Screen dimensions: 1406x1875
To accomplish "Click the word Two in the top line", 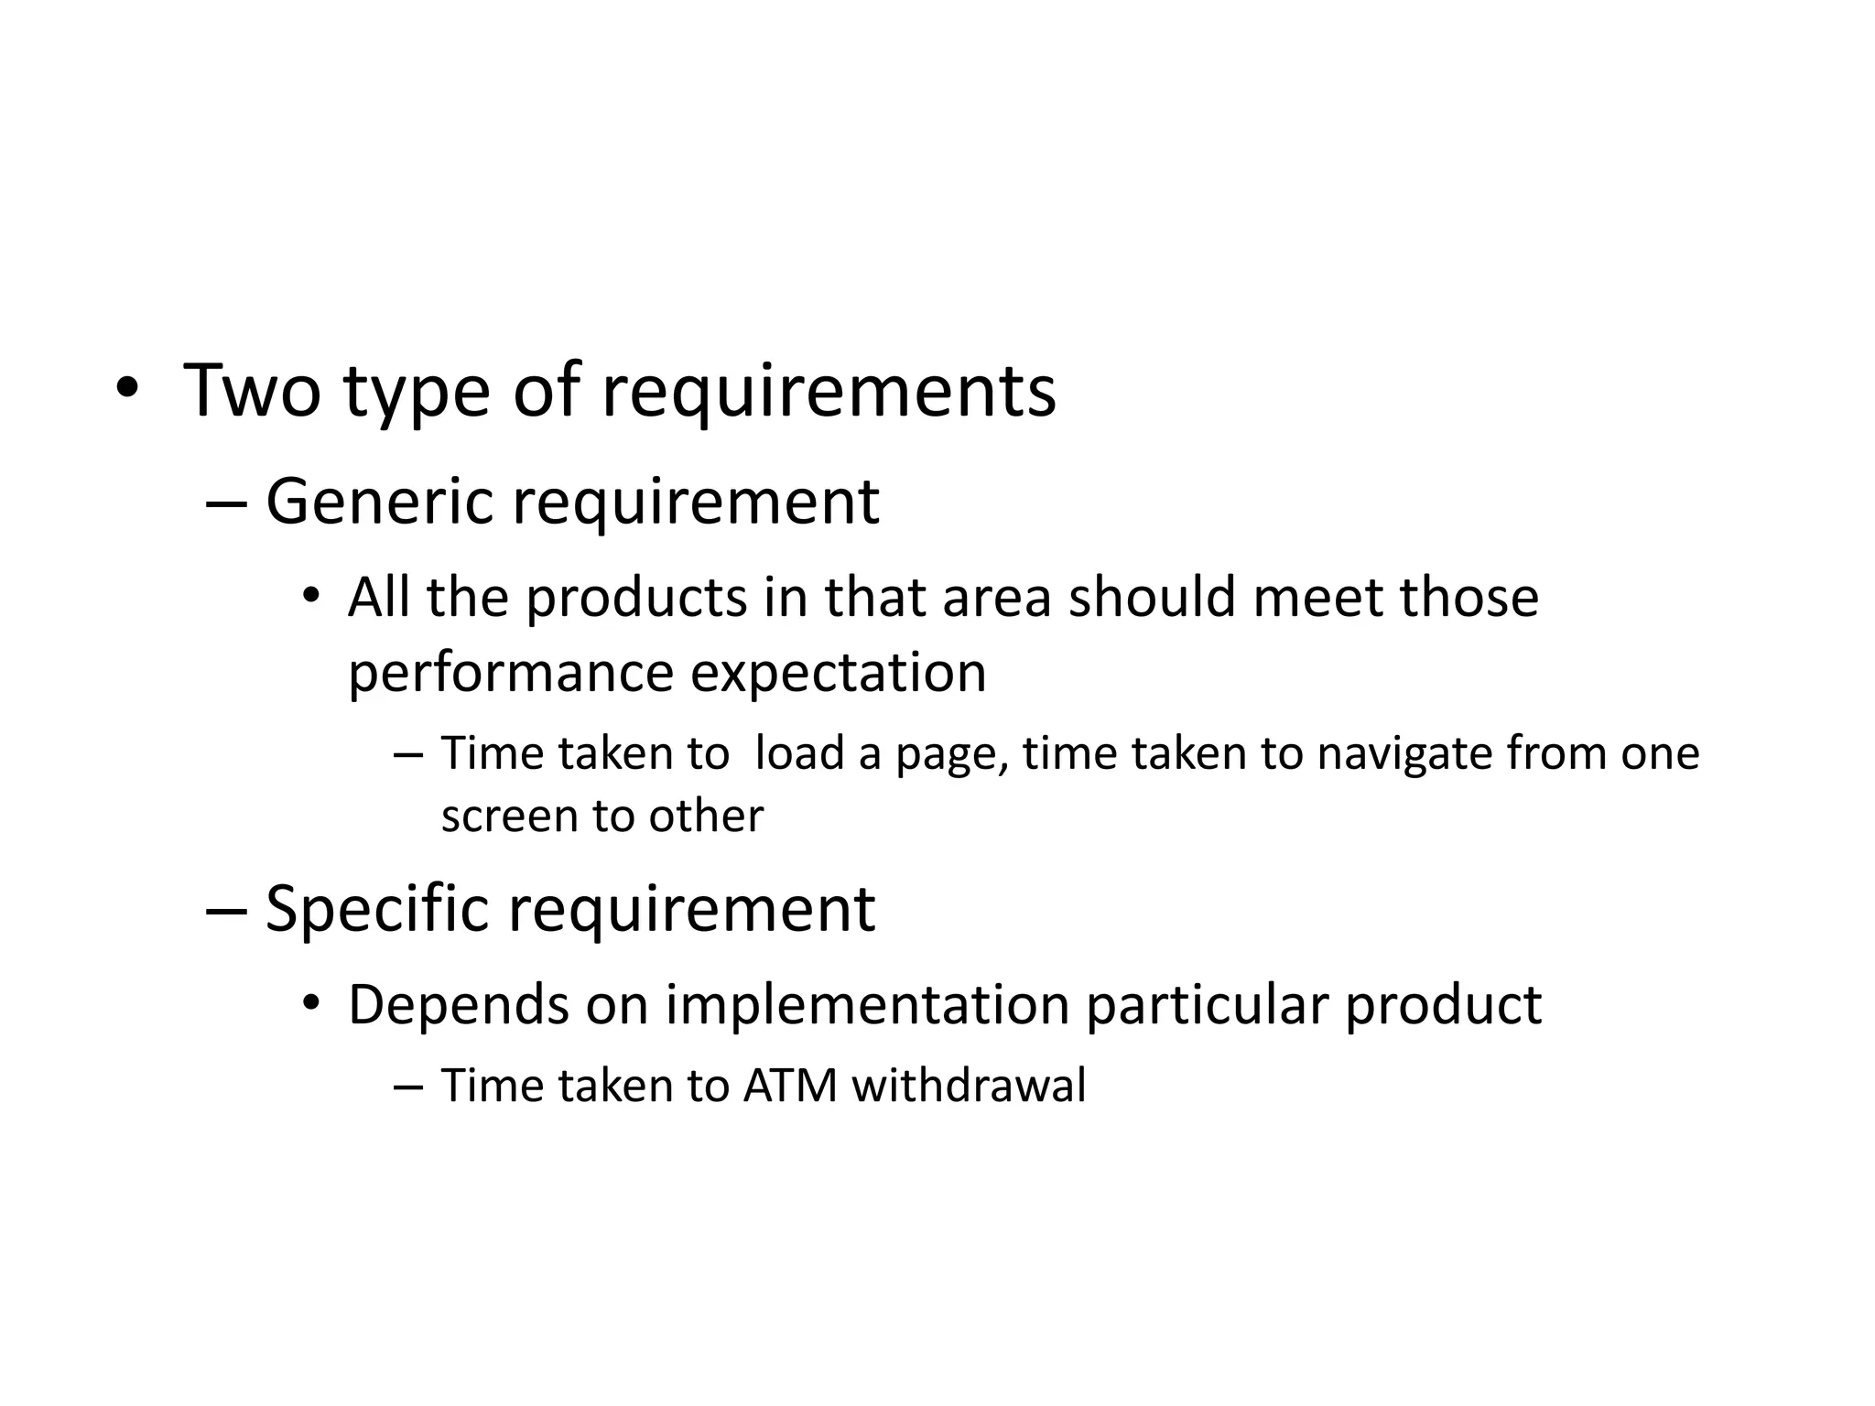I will pyautogui.click(x=252, y=391).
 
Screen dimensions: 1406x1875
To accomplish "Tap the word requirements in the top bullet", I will pyautogui.click(x=828, y=393).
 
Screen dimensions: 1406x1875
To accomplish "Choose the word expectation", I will pyautogui.click(x=838, y=673).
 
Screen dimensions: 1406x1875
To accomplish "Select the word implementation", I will pyautogui.click(x=867, y=1005).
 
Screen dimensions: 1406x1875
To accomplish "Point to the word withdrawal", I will pyautogui.click(x=969, y=1087).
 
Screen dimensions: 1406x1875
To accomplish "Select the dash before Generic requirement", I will pyautogui.click(x=226, y=503).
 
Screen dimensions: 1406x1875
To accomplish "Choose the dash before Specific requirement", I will pyautogui.click(x=226, y=911).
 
